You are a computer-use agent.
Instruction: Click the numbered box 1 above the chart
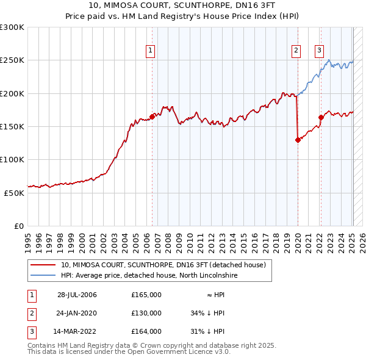coord(150,51)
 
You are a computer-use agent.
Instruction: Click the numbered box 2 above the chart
coord(296,51)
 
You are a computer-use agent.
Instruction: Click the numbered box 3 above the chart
coord(319,51)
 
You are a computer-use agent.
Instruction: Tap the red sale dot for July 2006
coord(152,117)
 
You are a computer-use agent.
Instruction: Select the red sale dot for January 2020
coord(298,140)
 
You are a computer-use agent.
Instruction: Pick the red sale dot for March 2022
coord(321,117)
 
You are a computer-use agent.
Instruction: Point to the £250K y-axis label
coord(12,60)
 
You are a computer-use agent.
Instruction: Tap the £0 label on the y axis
coord(20,226)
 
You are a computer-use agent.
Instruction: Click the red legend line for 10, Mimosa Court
coord(43,265)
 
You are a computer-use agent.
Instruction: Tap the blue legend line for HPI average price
coord(43,276)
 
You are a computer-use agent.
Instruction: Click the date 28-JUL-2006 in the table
coord(77,295)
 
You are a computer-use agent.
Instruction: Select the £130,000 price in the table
coord(146,313)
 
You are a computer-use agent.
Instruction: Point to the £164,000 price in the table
coord(146,331)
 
